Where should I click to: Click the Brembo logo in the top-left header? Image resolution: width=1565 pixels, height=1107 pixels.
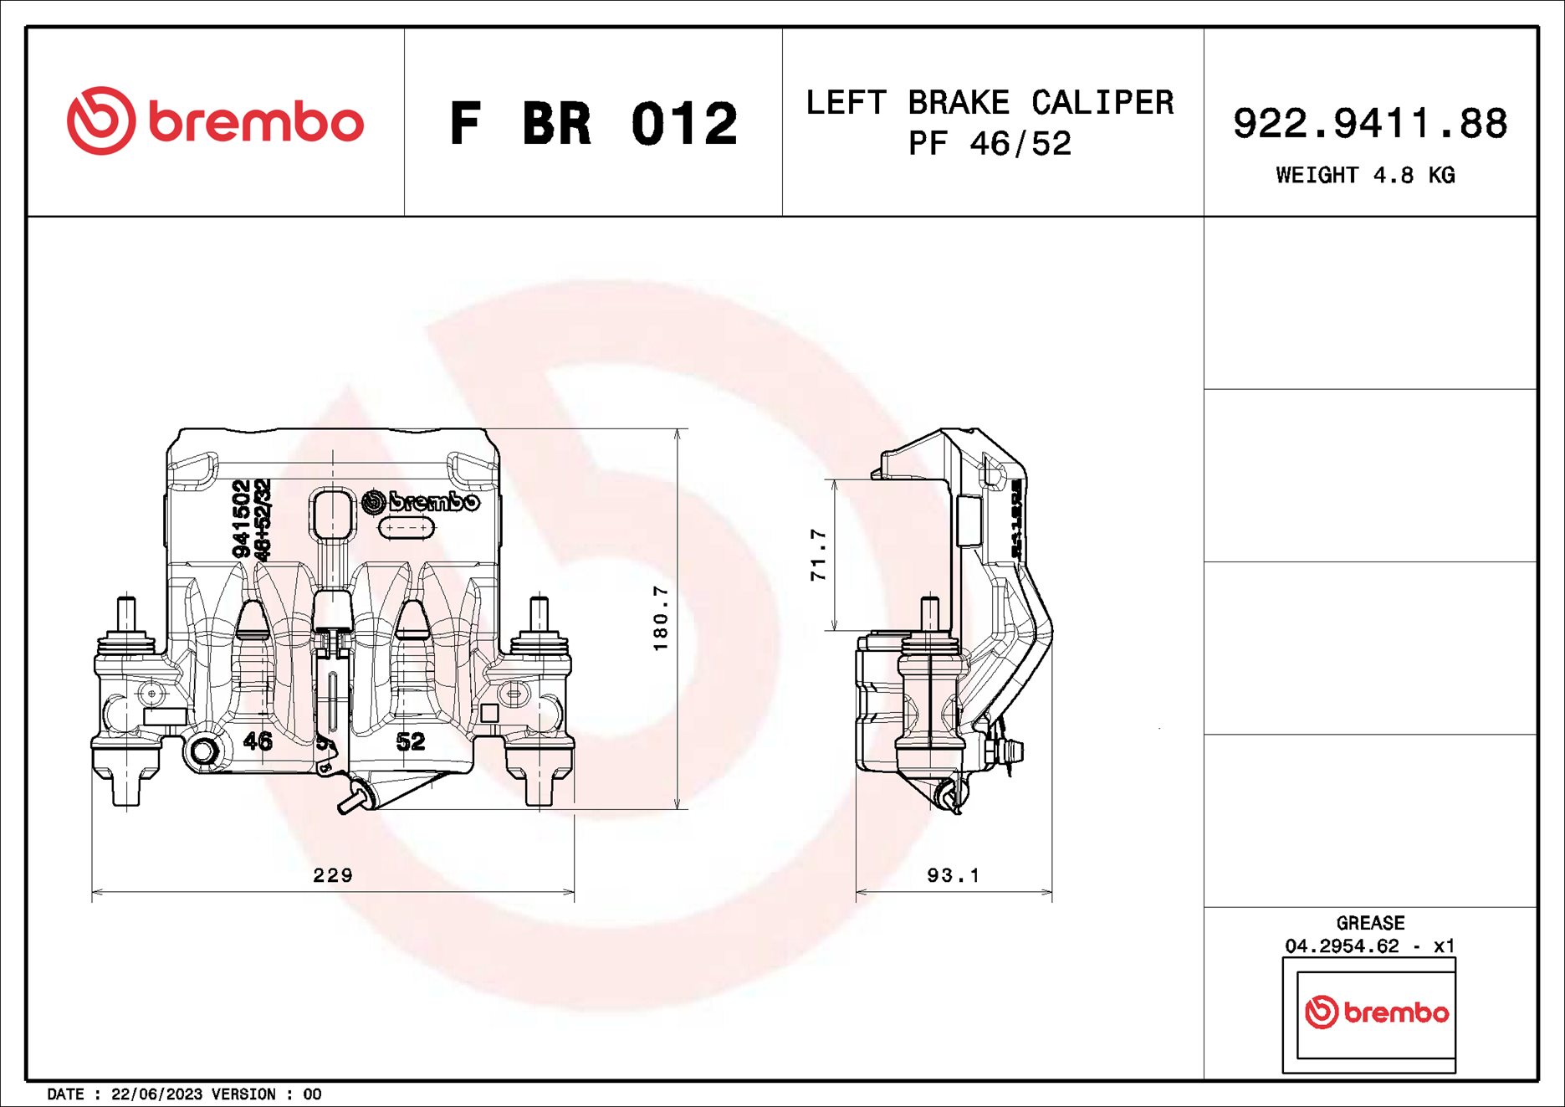coord(215,121)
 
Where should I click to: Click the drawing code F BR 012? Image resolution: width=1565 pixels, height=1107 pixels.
coord(593,124)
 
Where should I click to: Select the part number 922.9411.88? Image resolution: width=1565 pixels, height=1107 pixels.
coord(1369,123)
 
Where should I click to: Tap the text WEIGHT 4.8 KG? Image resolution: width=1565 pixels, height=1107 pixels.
coord(1365,175)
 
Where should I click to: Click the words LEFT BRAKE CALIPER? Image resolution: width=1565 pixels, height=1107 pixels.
coord(990,102)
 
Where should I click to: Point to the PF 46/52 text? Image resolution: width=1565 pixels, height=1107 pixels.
coord(990,144)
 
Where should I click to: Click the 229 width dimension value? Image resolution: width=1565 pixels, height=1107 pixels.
coord(333,875)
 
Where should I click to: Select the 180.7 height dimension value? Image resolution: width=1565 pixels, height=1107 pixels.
coord(661,618)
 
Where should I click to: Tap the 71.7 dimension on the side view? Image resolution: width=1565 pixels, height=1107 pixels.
coord(818,555)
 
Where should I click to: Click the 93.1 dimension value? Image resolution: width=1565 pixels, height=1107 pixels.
coord(953,875)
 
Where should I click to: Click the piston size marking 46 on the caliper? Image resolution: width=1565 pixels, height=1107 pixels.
coord(258,741)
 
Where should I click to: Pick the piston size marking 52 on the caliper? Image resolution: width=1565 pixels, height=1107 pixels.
coord(410,741)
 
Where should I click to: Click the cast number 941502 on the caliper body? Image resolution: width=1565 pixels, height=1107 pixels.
coord(241,518)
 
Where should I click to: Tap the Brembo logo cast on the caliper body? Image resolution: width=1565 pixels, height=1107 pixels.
coord(422,501)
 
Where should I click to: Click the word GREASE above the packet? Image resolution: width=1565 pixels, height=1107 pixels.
coord(1370,923)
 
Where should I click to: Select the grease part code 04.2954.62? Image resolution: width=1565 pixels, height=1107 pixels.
coord(1342,946)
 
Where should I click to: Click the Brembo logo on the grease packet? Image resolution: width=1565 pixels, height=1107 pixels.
coord(1376,1012)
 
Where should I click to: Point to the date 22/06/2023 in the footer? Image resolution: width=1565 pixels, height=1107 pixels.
coord(156,1094)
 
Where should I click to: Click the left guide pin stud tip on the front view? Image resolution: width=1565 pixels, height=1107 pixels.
coord(126,604)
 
